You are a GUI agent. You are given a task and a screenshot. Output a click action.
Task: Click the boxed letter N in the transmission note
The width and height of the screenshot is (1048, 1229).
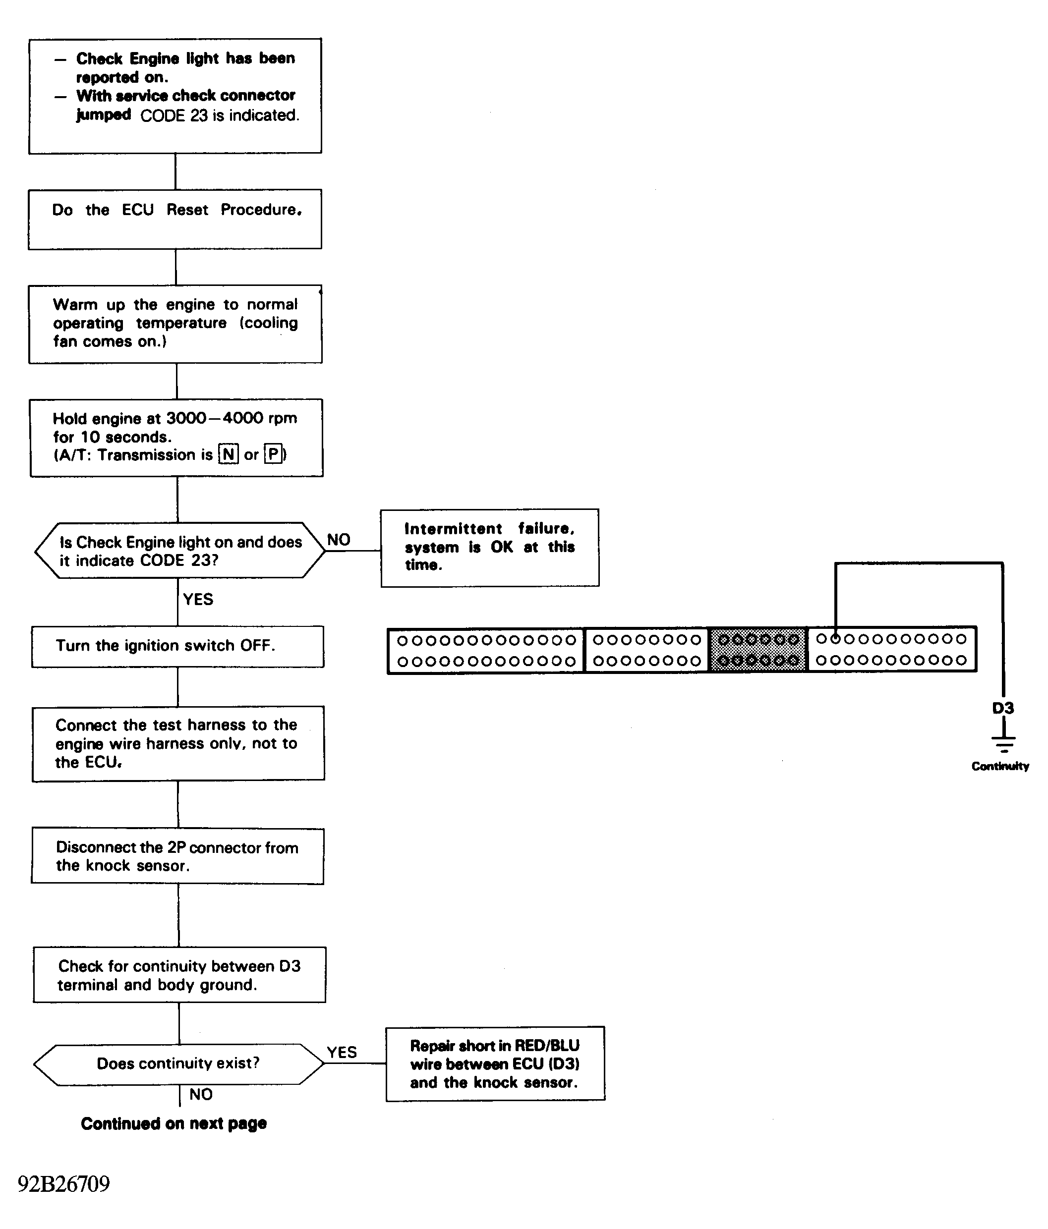(229, 454)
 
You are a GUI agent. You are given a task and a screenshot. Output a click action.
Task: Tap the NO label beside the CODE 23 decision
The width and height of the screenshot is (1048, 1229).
(339, 540)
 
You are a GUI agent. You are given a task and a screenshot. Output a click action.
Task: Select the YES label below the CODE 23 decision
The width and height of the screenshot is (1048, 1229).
(198, 599)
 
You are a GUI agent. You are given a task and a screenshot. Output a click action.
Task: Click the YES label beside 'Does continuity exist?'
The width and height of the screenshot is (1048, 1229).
(342, 1052)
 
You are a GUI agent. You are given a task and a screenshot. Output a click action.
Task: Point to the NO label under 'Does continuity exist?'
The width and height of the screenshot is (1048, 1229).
(201, 1094)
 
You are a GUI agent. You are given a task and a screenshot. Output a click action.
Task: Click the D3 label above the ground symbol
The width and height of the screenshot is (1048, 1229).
(1003, 708)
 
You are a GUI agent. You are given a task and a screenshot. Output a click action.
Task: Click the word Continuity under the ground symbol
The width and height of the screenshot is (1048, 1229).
(1000, 766)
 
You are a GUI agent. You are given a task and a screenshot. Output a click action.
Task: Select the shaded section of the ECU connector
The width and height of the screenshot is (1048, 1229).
(758, 650)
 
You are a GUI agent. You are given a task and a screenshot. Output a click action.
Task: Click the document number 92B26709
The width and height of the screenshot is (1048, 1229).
(64, 1183)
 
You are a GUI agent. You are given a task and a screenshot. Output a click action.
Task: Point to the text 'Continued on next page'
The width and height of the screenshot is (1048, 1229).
(174, 1123)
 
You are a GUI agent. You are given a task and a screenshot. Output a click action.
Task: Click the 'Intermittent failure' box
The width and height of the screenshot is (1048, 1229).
(490, 548)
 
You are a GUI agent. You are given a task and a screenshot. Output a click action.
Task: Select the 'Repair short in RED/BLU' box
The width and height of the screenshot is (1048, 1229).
(495, 1064)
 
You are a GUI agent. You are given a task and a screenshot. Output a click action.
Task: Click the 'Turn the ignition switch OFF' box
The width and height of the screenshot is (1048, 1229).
(177, 646)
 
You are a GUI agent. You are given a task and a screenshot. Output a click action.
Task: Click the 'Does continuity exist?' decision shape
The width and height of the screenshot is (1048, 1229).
(178, 1064)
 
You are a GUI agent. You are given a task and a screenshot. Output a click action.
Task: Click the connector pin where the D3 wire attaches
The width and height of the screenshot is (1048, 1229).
(835, 639)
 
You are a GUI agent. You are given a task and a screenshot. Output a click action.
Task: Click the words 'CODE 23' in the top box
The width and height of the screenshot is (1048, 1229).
(174, 115)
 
